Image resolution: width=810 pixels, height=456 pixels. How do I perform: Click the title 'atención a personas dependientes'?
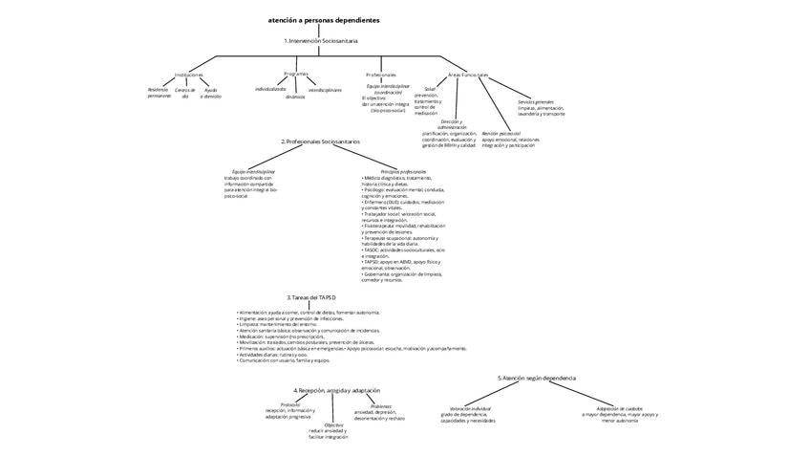click(x=324, y=19)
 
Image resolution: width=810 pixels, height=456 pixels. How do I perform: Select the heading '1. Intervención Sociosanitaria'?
click(x=321, y=41)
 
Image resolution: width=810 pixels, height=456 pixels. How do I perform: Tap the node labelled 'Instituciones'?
click(x=189, y=75)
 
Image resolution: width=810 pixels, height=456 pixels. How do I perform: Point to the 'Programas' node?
click(x=296, y=74)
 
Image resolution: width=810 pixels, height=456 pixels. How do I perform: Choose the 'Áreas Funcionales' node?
click(x=468, y=75)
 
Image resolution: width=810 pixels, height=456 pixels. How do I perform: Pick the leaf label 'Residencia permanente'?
click(x=160, y=93)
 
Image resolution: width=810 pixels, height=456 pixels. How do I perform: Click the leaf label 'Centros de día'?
click(x=185, y=93)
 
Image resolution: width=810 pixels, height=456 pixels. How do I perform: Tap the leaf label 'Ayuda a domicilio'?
click(x=211, y=93)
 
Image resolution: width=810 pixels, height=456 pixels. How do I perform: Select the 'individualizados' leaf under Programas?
click(x=270, y=89)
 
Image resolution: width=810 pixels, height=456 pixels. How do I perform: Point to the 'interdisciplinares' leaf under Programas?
click(x=325, y=90)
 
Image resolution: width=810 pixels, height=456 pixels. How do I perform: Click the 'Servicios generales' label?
click(x=536, y=101)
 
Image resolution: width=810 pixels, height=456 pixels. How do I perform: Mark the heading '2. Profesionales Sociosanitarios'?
click(x=321, y=141)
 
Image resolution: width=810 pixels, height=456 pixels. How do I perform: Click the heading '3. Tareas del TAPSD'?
click(x=311, y=297)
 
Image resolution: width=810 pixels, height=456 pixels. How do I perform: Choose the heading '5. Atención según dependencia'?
click(x=537, y=379)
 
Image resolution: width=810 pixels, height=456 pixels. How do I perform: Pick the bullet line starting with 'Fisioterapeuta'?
click(x=403, y=226)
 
